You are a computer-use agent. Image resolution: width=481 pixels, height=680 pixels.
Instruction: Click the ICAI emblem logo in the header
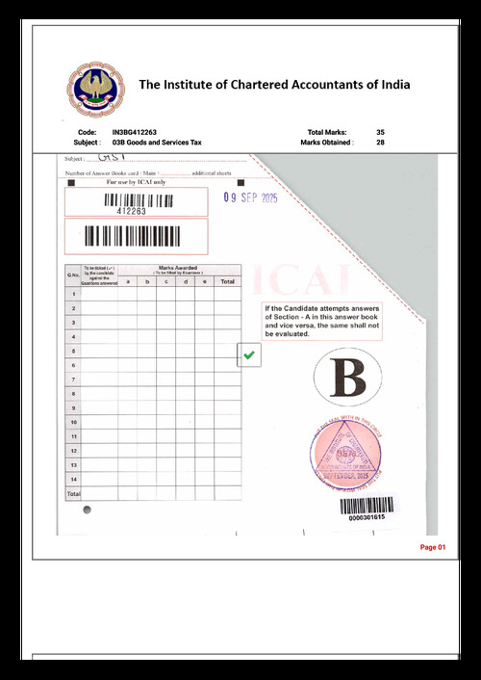[x=89, y=88]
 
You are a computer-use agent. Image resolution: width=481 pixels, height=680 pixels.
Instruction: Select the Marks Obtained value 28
[x=381, y=142]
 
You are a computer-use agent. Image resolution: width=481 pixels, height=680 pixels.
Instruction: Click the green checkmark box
[x=249, y=355]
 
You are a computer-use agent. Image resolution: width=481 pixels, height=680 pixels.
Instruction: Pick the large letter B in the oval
[x=347, y=378]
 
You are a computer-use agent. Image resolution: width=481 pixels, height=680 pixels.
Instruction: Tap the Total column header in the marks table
[x=227, y=281]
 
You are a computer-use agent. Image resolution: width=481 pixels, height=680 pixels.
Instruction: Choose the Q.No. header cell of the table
[x=72, y=275]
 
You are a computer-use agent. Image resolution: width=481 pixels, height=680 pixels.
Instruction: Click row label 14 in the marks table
[x=72, y=479]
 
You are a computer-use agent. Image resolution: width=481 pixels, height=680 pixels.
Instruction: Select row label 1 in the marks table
[x=72, y=294]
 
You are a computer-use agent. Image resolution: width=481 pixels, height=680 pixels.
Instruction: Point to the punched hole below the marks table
[x=87, y=508]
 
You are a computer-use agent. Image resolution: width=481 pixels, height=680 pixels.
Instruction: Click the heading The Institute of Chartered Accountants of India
[x=274, y=85]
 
